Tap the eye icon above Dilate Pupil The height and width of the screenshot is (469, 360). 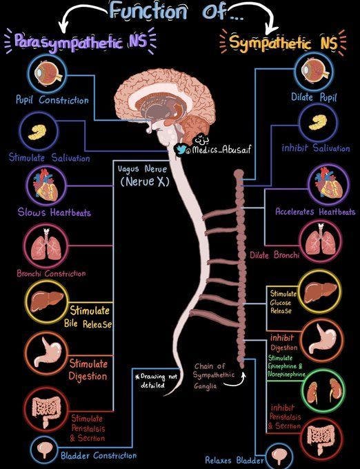(316, 72)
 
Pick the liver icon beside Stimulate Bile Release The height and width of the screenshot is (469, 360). (46, 301)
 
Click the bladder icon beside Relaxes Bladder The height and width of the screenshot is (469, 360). (279, 455)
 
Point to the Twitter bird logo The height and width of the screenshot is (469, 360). (181, 150)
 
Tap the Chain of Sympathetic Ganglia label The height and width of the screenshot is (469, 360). (214, 376)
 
